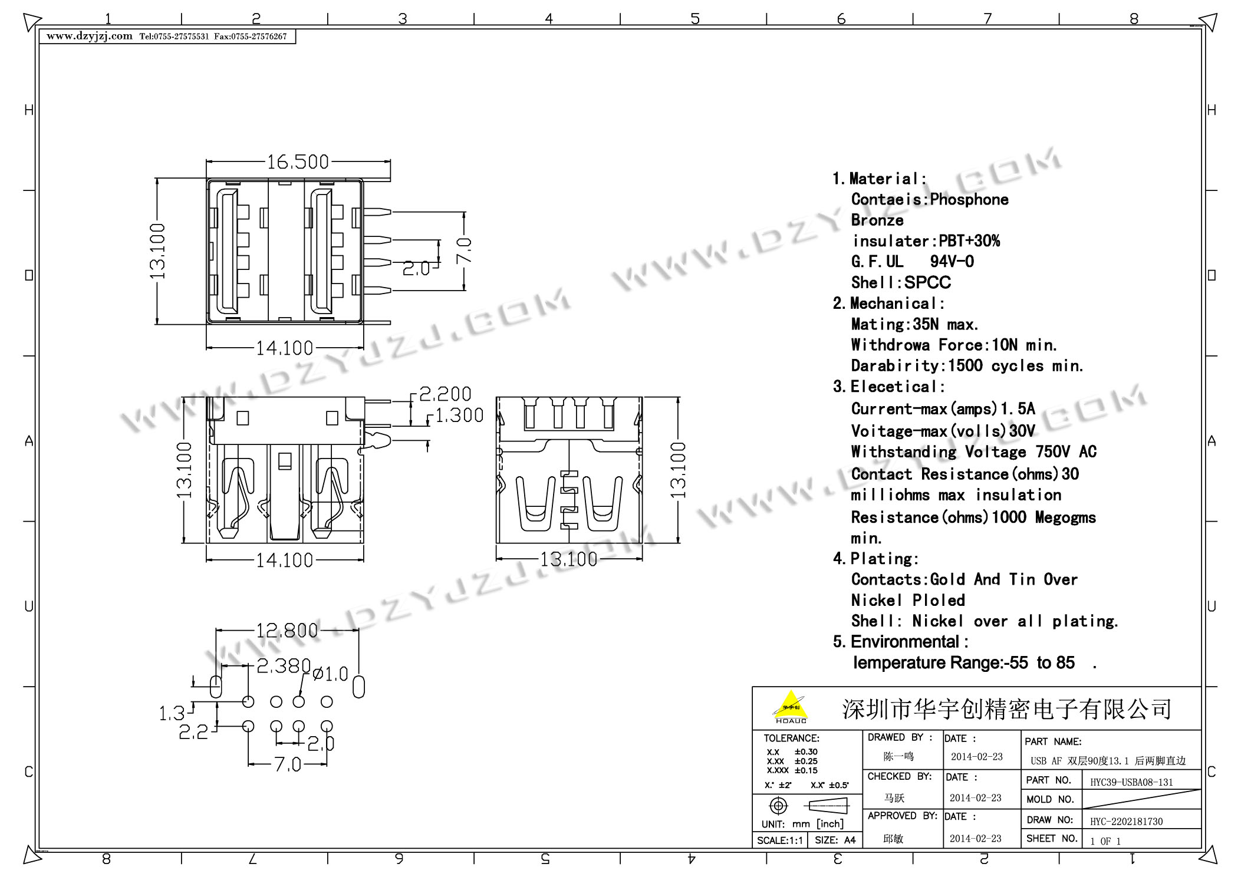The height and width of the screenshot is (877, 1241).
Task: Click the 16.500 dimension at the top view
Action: tap(298, 161)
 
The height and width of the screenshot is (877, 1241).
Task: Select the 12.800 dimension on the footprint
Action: tap(287, 631)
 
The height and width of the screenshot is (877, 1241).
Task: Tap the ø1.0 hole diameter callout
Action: tap(330, 674)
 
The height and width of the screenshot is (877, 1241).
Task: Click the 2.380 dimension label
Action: tap(283, 665)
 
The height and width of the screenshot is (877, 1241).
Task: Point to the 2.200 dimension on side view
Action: tap(445, 394)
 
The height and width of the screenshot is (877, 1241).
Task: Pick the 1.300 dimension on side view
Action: tap(459, 416)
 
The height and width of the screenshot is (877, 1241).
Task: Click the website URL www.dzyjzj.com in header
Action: tap(90, 36)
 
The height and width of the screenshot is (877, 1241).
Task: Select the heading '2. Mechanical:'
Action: tap(888, 304)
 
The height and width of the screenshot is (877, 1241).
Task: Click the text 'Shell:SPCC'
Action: tap(901, 282)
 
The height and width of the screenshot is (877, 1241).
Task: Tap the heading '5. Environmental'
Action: tap(900, 641)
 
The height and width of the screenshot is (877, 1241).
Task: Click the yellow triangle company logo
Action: tap(791, 706)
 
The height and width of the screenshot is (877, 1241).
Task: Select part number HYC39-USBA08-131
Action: tap(1131, 782)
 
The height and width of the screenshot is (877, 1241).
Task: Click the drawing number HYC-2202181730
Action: tap(1126, 821)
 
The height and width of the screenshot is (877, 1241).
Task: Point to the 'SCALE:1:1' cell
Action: tap(779, 840)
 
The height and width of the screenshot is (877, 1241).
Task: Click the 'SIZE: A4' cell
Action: tap(835, 840)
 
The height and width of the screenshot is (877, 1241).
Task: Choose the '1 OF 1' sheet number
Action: tap(1105, 841)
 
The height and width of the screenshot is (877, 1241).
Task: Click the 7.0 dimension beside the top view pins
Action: tap(465, 250)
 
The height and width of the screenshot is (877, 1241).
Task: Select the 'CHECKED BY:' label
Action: tap(900, 777)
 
